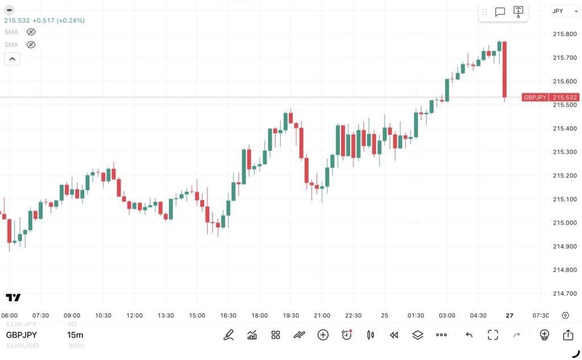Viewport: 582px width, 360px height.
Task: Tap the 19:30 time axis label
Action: tap(291, 316)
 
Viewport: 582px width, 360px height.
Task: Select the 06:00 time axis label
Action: tap(9, 316)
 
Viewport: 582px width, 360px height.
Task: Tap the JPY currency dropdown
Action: tap(565, 11)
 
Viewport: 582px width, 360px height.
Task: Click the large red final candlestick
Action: tap(504, 68)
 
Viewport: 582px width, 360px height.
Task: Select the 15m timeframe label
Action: tap(75, 335)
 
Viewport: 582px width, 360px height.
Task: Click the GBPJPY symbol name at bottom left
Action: tap(22, 335)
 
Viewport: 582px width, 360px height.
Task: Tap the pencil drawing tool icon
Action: tap(228, 335)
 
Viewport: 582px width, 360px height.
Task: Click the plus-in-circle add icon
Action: tap(323, 335)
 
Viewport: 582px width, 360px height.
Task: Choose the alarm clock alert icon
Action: tap(347, 335)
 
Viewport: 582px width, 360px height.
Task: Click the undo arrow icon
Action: tap(469, 335)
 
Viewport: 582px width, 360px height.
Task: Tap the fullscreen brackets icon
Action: tap(493, 335)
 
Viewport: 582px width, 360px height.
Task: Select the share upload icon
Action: tap(568, 335)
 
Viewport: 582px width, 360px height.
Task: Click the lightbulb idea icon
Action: tap(544, 335)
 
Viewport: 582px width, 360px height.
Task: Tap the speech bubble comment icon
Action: tap(500, 12)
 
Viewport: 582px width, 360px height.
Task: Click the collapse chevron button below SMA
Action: tap(12, 59)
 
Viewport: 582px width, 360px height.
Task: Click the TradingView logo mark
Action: tap(13, 297)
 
